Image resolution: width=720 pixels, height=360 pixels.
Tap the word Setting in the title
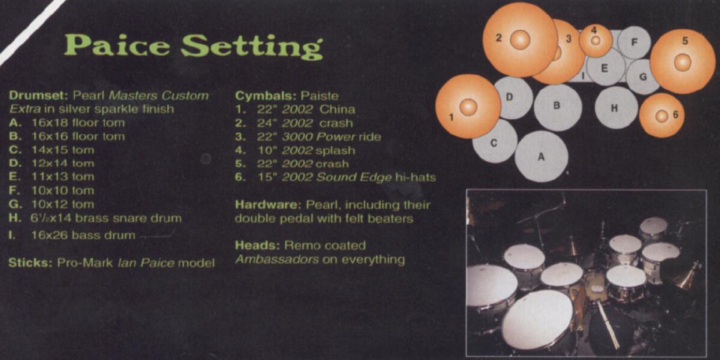[x=252, y=47]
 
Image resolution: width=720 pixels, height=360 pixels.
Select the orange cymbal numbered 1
[x=468, y=106]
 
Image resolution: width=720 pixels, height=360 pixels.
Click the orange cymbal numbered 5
[x=682, y=62]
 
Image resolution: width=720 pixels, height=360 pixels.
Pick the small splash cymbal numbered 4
[x=596, y=41]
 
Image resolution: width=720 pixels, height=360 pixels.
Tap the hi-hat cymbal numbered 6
[x=661, y=115]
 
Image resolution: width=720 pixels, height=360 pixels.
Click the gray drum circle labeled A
[x=541, y=157]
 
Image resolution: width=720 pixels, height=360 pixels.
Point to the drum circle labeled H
[x=616, y=108]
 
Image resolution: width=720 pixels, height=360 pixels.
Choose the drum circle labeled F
[x=634, y=42]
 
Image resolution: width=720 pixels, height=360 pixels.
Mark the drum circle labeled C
[x=494, y=142]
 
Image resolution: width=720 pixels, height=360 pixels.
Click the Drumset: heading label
[x=38, y=96]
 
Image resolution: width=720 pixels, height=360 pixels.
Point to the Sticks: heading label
[x=30, y=264]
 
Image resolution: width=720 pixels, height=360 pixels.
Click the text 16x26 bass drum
[x=83, y=236]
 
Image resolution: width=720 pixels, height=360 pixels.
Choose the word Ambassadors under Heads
[x=276, y=260]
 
